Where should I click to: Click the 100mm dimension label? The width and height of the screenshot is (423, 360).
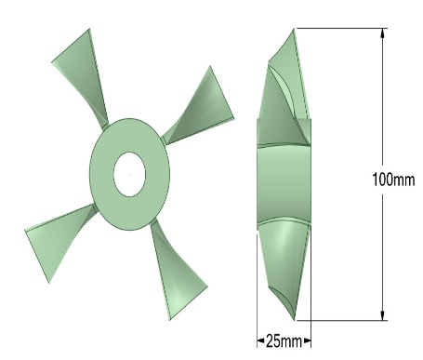click(x=393, y=180)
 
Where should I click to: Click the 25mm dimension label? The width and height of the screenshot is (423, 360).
click(x=284, y=341)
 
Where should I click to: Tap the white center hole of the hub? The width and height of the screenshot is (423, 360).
click(x=129, y=174)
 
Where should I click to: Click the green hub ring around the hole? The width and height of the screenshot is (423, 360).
click(x=102, y=174)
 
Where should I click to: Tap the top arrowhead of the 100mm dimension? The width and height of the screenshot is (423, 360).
click(x=383, y=33)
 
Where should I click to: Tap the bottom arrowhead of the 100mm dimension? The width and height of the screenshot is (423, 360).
click(x=383, y=315)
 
